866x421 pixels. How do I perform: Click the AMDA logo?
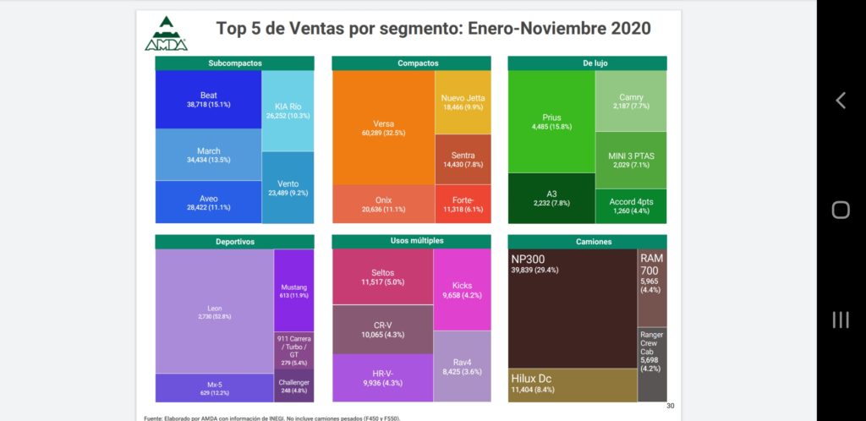tap(166, 34)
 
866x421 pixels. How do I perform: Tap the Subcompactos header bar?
tap(235, 63)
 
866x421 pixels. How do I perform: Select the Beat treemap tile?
tap(208, 99)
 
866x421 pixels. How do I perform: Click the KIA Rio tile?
tap(288, 110)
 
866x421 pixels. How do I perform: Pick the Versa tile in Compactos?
tap(383, 128)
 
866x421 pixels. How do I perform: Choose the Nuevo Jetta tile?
tap(463, 102)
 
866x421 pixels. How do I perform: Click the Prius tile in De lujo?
tap(551, 122)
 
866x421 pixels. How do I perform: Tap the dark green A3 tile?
tap(551, 198)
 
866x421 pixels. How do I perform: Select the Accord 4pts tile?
tap(631, 205)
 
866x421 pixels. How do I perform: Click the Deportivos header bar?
tap(235, 242)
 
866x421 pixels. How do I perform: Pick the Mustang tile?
tap(293, 290)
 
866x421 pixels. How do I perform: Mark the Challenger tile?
tap(293, 385)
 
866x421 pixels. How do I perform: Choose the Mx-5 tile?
tap(214, 388)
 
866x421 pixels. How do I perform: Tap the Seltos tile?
tap(382, 276)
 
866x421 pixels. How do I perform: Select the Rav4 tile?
tap(463, 365)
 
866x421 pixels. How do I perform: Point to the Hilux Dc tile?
tap(573, 385)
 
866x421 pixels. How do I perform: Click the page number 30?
tap(670, 406)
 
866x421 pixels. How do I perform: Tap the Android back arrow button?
tap(841, 101)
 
